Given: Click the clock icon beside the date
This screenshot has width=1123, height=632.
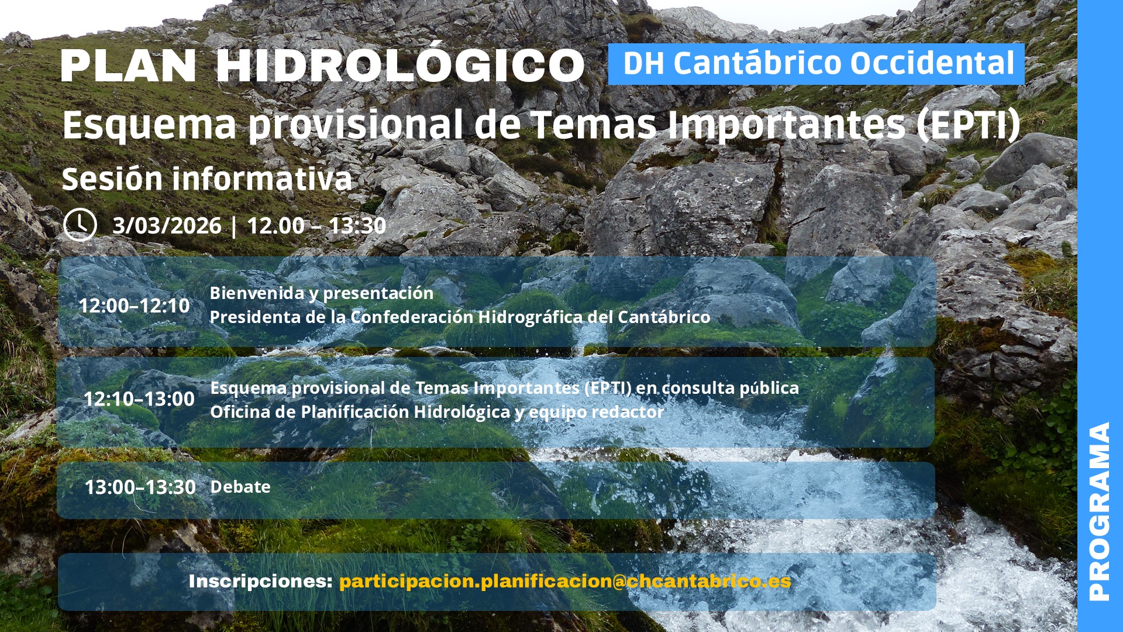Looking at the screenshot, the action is tap(80, 225).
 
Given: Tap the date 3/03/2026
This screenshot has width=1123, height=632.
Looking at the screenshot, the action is tap(167, 226).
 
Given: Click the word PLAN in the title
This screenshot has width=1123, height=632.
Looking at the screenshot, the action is tap(129, 66).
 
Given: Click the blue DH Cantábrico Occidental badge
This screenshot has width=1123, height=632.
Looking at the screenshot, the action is tap(817, 64).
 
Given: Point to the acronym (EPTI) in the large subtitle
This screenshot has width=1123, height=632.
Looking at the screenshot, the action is tap(968, 125).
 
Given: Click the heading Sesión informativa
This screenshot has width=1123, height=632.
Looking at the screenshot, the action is tap(207, 178).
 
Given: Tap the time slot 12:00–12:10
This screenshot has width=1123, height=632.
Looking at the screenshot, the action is tap(135, 305).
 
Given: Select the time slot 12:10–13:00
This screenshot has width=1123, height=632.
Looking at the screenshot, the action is tap(139, 399).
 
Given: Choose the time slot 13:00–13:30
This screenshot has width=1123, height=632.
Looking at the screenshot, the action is tap(140, 487).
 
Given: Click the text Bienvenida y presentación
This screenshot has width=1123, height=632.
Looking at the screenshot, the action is tap(322, 293).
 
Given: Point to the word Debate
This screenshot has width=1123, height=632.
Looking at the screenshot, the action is tap(240, 487).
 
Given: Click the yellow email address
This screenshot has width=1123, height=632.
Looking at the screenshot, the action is tap(565, 581).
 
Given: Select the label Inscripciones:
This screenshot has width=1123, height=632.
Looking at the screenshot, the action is tap(261, 581).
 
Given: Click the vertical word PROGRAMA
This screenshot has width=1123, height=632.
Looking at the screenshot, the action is tap(1100, 511).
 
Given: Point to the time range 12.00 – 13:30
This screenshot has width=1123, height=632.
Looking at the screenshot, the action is tap(316, 226).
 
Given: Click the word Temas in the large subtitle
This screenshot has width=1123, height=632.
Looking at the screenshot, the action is tap(594, 125).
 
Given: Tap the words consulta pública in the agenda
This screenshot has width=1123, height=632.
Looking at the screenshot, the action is tap(730, 388).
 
